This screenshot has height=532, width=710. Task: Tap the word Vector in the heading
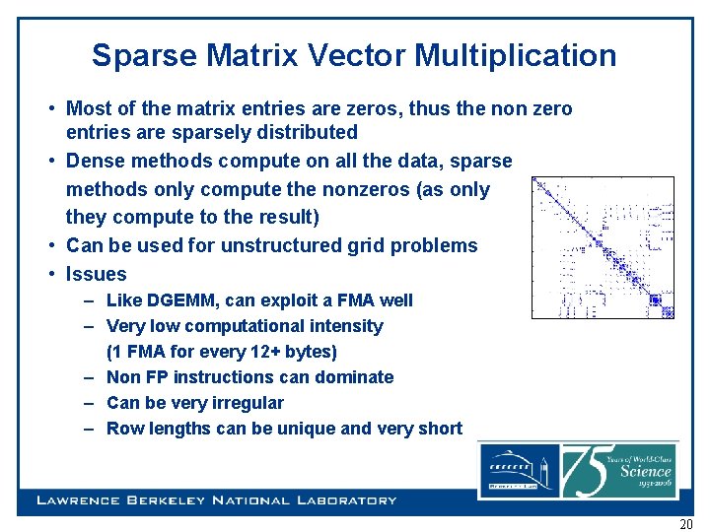coord(358,56)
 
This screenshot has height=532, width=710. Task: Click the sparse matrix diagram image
coord(603,247)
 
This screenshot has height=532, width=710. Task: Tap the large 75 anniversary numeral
coord(589,470)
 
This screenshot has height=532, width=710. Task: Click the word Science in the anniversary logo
coord(646,471)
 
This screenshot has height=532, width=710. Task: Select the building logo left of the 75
coord(518,471)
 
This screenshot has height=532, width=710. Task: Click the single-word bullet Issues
coord(97,274)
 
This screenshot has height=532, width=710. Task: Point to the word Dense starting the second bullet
coord(94,161)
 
